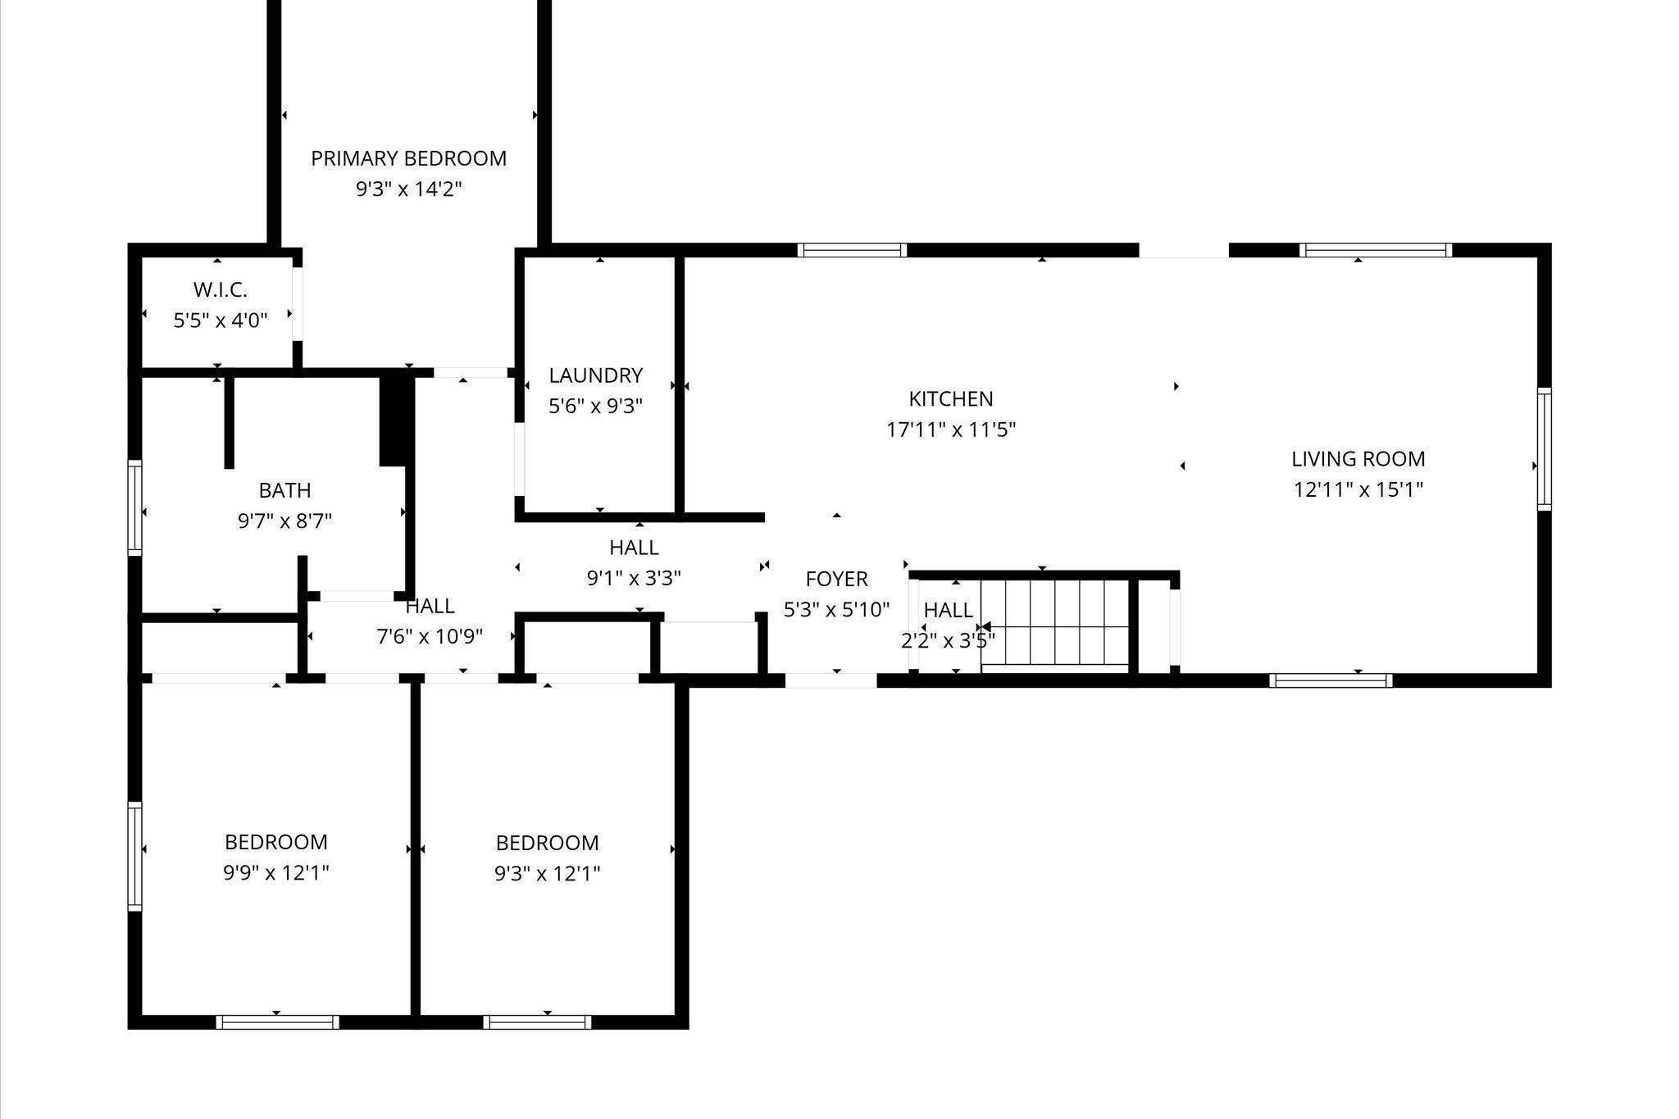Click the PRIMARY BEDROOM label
pos(408,158)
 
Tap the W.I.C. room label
pos(220,289)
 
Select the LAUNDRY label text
pos(595,375)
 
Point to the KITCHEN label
pos(950,399)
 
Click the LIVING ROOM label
pos(1358,459)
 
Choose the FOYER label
pos(836,580)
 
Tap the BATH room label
pos(284,490)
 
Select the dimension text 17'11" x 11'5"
pos(950,430)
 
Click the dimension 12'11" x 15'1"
pos(1358,490)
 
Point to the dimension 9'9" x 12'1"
pos(275,873)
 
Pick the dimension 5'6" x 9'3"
pos(595,406)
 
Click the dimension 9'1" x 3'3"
pos(634,578)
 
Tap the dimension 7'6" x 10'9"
pos(430,636)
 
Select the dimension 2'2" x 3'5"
pos(948,640)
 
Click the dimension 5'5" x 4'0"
pos(220,321)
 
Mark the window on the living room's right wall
pos(1544,448)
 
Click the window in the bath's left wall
pos(134,507)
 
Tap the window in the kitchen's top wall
pos(852,250)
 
